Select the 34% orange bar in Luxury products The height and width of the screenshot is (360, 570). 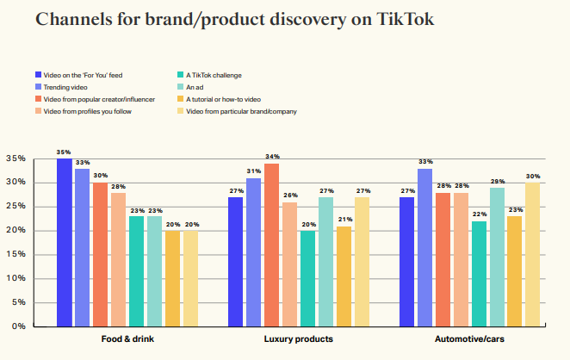pos(271,245)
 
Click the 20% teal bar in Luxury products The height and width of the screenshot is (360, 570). pos(307,278)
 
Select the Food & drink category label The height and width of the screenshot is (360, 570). pos(127,339)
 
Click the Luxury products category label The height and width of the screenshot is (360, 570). pos(298,339)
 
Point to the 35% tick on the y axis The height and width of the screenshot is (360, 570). pos(15,158)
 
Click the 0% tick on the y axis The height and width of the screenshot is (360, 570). pos(18,326)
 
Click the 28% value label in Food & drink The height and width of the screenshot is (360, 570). pos(117,186)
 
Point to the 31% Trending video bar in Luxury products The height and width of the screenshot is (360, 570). pos(253,251)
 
